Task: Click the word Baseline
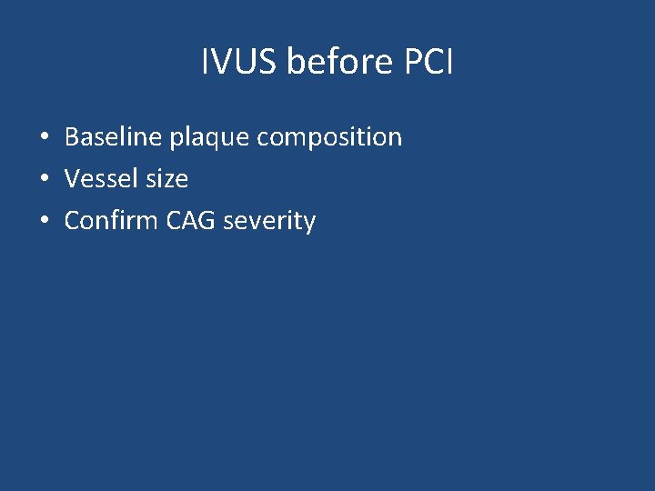coord(111,137)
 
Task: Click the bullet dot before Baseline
coord(44,138)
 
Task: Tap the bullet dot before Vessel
coord(44,180)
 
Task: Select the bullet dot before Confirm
coord(44,222)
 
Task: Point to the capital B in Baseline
coord(72,137)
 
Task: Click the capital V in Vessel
coord(72,179)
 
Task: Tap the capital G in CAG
coord(207,221)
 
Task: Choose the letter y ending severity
coord(309,224)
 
